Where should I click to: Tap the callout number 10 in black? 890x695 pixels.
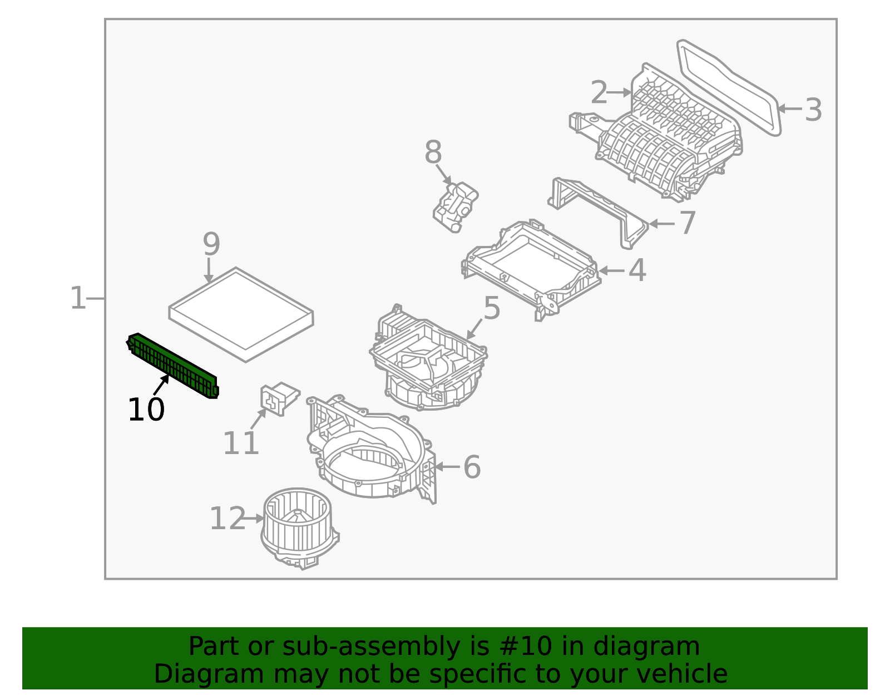point(146,410)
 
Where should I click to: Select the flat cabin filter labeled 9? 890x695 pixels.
point(241,315)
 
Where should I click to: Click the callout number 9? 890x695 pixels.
point(211,244)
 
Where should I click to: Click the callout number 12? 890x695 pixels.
point(227,519)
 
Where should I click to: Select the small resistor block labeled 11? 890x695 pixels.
point(278,397)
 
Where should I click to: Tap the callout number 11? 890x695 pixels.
point(241,443)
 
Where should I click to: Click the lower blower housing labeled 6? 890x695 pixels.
point(367,456)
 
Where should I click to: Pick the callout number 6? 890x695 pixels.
point(472,467)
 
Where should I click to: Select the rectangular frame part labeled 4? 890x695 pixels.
point(531,267)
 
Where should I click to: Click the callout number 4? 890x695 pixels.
point(637,270)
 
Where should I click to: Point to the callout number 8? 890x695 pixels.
point(433,152)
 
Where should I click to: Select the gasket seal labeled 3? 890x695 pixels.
point(729,86)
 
